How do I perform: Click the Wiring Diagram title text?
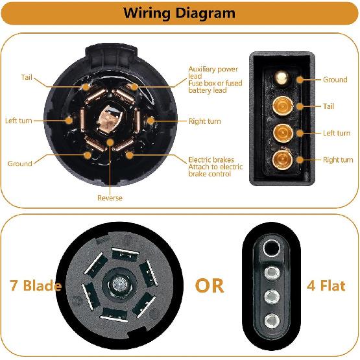click(x=179, y=13)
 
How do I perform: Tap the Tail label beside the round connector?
click(x=26, y=77)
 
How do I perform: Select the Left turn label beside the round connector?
click(x=19, y=121)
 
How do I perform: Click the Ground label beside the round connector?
click(x=19, y=163)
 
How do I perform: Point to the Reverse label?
click(x=110, y=198)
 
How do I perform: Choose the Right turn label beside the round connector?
click(x=204, y=121)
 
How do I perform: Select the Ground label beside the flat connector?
click(x=335, y=80)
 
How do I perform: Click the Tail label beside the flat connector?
click(x=329, y=106)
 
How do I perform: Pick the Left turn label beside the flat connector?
click(x=337, y=133)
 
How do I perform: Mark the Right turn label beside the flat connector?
click(x=338, y=160)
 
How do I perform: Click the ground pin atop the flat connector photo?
click(x=282, y=78)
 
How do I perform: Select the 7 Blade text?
click(x=36, y=285)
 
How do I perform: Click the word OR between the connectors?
click(x=210, y=285)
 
